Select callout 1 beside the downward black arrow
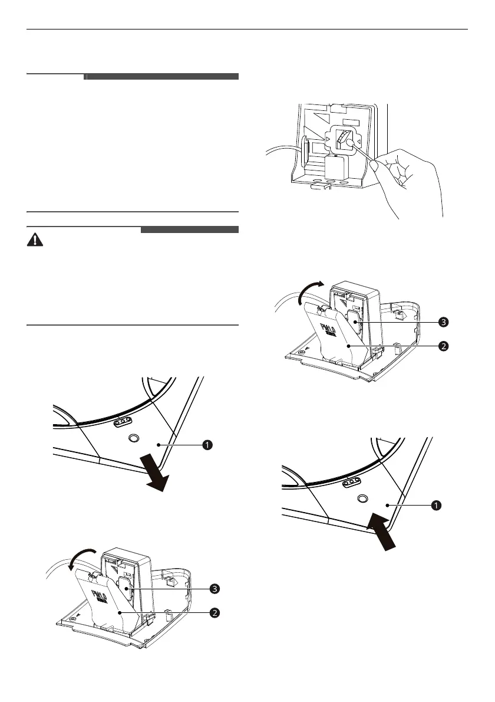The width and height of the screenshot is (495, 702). [x=207, y=445]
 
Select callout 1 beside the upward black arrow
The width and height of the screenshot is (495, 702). [x=435, y=505]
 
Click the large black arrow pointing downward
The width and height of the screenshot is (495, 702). [x=156, y=474]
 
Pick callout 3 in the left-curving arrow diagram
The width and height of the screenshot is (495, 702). [x=216, y=589]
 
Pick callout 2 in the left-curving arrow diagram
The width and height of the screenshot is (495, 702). [x=216, y=613]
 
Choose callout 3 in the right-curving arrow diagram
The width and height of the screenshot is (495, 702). [x=443, y=322]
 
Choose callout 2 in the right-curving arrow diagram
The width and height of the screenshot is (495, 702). [x=443, y=346]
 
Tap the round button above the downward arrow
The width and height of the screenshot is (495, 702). [x=133, y=439]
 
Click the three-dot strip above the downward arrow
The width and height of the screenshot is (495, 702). [x=124, y=422]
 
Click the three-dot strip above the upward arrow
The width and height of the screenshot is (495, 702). [x=351, y=482]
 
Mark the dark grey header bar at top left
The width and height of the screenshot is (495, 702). [x=161, y=77]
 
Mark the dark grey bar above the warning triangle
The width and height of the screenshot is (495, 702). [x=190, y=229]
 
